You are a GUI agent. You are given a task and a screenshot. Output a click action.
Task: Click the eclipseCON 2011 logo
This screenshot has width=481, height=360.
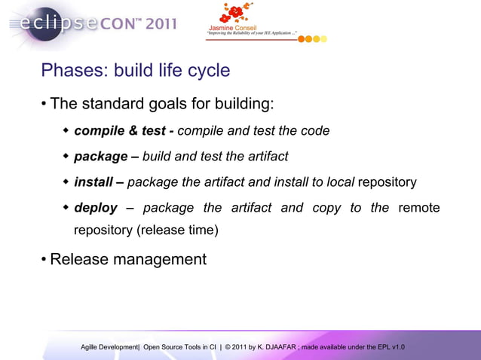coord(90,23)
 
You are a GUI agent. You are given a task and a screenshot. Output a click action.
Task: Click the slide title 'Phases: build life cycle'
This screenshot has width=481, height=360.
coord(135,71)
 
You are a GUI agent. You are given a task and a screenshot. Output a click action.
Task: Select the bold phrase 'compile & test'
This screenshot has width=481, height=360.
coord(119,130)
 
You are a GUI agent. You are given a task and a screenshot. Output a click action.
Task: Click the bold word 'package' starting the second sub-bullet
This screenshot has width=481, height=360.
coord(100,157)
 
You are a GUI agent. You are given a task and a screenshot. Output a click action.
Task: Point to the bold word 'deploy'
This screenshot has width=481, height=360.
coord(96,208)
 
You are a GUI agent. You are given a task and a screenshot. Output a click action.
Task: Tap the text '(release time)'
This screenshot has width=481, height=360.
coord(177,230)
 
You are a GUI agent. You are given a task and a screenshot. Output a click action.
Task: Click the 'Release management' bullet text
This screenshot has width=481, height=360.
coord(127,260)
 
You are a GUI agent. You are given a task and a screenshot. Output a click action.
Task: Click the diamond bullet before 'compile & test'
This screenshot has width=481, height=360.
coord(66,130)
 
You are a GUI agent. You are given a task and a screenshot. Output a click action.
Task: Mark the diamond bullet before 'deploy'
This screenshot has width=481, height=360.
coord(66,208)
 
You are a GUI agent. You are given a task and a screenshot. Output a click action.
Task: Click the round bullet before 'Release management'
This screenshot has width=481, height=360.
coord(44,260)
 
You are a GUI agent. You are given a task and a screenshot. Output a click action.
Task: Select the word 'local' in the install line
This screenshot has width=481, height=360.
coord(339,182)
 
